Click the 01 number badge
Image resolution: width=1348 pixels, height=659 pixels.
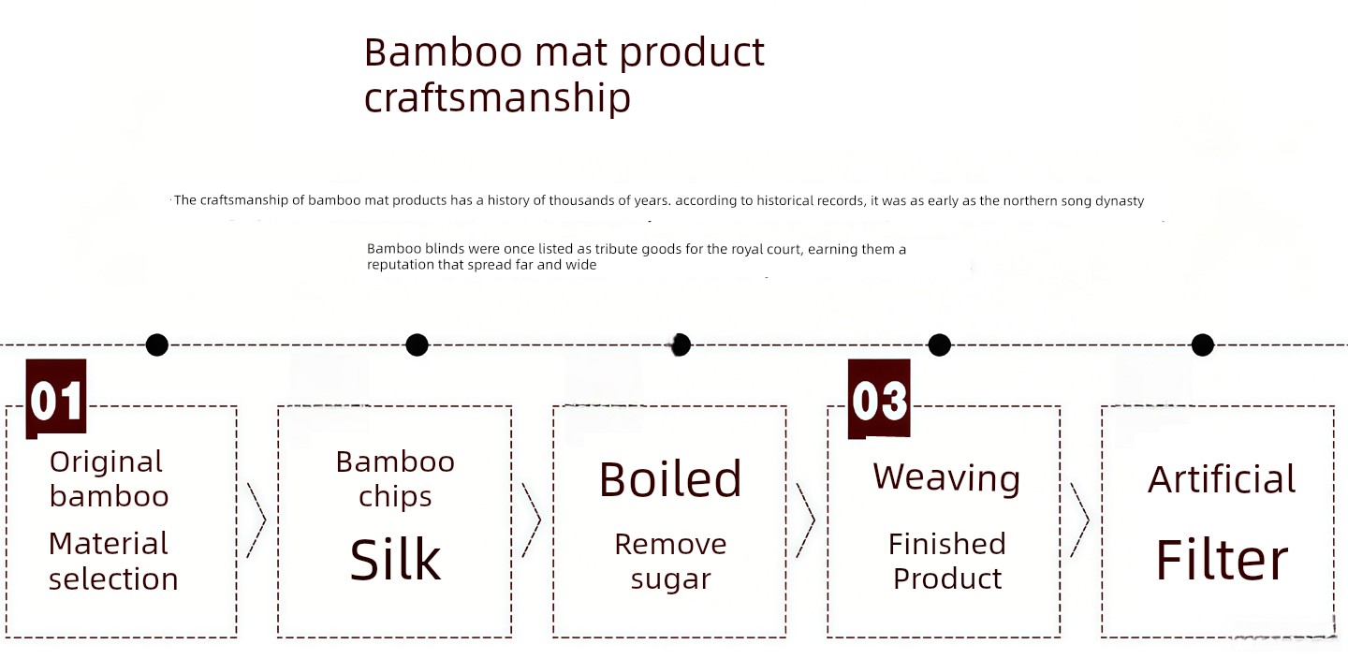coord(56,398)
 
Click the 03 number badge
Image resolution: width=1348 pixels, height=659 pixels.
coord(879,399)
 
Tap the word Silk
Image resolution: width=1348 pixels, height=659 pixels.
coord(395,560)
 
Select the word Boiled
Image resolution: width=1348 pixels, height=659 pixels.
coord(670,479)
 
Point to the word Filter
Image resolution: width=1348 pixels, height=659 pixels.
coord(1222,560)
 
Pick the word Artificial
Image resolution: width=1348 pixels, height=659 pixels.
coord(1222,479)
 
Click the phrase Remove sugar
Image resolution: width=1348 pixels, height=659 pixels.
coord(670,561)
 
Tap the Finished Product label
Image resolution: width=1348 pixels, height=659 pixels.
coord(947,561)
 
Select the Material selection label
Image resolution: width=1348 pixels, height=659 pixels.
coord(113,561)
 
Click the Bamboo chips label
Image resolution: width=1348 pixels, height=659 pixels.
coord(395,479)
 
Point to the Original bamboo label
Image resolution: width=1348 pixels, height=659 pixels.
coord(109,479)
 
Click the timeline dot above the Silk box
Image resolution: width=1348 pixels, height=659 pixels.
coord(418,345)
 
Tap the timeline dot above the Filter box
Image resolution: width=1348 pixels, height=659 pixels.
coord(1202,345)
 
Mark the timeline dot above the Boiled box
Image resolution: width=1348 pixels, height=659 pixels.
coord(681,345)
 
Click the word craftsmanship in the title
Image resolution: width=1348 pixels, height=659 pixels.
coord(497,98)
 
